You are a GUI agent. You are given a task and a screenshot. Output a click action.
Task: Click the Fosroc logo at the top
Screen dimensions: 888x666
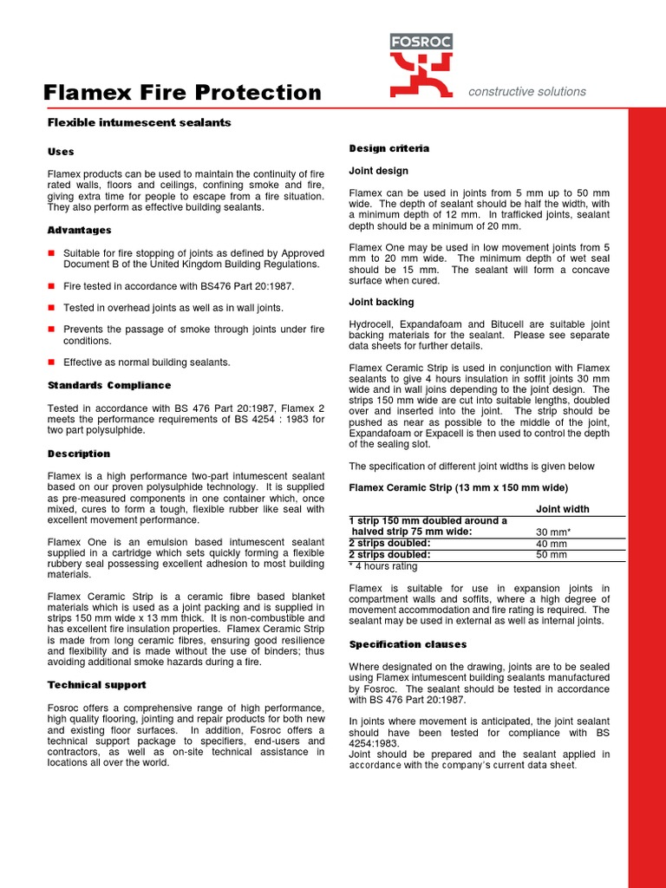click(x=421, y=65)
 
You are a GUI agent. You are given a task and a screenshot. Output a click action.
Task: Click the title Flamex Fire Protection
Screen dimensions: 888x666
click(x=182, y=93)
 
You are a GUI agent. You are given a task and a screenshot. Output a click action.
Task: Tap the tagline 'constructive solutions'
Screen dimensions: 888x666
click(x=526, y=92)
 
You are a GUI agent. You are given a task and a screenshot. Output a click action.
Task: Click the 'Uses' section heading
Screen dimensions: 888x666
click(x=61, y=152)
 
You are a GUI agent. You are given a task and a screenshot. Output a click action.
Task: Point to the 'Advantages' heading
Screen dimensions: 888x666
click(x=79, y=230)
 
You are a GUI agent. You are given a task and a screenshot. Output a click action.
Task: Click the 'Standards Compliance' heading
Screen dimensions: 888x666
click(x=109, y=385)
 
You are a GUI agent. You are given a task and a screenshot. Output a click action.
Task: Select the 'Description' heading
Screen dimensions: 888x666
click(x=79, y=454)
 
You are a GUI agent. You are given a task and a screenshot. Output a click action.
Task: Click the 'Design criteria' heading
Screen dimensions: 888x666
click(x=388, y=148)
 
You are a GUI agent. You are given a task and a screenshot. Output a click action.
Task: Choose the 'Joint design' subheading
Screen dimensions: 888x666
click(x=378, y=171)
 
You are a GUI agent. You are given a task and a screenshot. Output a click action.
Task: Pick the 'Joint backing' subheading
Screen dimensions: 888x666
click(x=381, y=302)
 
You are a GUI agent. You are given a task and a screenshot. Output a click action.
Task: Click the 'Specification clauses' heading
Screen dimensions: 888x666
click(x=408, y=644)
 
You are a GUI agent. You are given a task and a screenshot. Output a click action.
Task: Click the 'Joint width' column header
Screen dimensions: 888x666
click(x=563, y=509)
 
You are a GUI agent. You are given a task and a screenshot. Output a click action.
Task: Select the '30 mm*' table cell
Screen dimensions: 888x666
click(x=553, y=532)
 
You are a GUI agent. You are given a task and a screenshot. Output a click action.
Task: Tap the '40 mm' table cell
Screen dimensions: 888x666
click(x=552, y=544)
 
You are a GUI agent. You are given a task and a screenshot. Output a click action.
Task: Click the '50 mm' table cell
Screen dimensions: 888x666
click(x=552, y=555)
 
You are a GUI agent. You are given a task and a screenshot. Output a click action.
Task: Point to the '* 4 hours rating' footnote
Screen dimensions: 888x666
click(x=382, y=566)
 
